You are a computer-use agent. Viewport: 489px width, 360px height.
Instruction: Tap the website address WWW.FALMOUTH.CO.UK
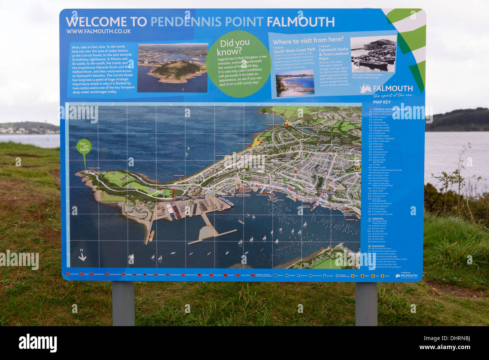[x=98, y=32]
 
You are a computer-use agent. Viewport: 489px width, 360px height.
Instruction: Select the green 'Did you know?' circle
[x=239, y=64]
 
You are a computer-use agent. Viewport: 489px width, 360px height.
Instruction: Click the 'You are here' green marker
[x=84, y=147]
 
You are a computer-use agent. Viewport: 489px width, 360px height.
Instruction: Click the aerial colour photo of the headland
[x=173, y=68]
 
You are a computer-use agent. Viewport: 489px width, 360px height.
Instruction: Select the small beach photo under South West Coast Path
[x=295, y=83]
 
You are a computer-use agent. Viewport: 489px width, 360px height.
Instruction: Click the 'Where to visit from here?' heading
[x=308, y=40]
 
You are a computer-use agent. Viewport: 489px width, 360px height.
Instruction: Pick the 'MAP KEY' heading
[x=381, y=102]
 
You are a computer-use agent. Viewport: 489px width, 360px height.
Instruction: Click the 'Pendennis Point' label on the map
[x=94, y=168]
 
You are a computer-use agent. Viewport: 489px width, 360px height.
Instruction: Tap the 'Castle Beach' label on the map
[x=179, y=175]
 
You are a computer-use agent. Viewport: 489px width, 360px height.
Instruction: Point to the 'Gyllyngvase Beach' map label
[x=244, y=144]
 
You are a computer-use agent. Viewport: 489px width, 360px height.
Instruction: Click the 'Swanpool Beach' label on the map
[x=273, y=125]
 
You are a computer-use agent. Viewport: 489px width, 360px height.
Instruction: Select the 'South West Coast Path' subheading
[x=294, y=50]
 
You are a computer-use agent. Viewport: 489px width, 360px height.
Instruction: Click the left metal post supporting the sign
[x=123, y=303]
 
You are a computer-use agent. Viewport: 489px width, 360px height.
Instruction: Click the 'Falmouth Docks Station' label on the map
[x=198, y=197]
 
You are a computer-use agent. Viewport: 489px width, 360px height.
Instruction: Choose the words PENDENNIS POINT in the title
[x=207, y=22]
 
